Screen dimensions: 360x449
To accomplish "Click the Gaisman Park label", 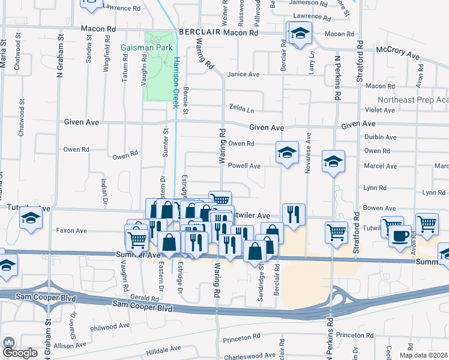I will click(146, 47).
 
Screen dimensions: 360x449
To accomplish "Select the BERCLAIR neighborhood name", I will click(198, 32).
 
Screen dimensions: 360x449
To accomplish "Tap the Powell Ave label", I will click(244, 166).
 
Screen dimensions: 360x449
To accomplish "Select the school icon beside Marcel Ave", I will click(333, 161).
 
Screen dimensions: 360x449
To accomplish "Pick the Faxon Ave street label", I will click(71, 230).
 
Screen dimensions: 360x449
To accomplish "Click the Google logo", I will click(20, 352).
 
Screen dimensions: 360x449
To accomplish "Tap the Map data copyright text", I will click(423, 355).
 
